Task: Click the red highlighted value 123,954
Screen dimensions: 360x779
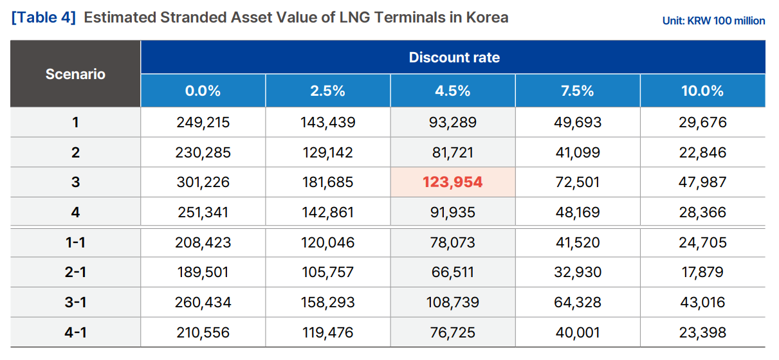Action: pyautogui.click(x=452, y=182)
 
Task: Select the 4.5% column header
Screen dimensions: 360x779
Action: pyautogui.click(x=452, y=91)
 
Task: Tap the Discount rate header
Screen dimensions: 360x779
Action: pyautogui.click(x=454, y=57)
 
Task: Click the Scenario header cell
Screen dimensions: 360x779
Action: pyautogui.click(x=75, y=74)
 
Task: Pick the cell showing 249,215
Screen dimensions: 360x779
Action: pyautogui.click(x=203, y=122)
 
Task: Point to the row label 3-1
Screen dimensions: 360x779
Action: pyautogui.click(x=75, y=302)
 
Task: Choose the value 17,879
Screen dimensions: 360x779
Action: pyautogui.click(x=702, y=272)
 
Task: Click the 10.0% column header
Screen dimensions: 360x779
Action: pyautogui.click(x=702, y=91)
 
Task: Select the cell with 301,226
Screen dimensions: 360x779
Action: pyautogui.click(x=203, y=182)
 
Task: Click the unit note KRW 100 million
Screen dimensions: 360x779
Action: pyautogui.click(x=713, y=21)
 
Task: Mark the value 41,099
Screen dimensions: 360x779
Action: pyautogui.click(x=577, y=152)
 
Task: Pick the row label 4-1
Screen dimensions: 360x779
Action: pyautogui.click(x=75, y=332)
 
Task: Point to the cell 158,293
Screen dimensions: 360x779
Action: pyautogui.click(x=327, y=302)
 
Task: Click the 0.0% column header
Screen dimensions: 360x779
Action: pyautogui.click(x=203, y=91)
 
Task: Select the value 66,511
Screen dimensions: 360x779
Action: pyautogui.click(x=452, y=272)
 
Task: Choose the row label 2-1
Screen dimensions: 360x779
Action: pyautogui.click(x=75, y=272)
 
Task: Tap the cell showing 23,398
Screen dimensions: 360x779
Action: pyautogui.click(x=702, y=332)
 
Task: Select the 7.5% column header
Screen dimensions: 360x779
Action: pyautogui.click(x=577, y=91)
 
